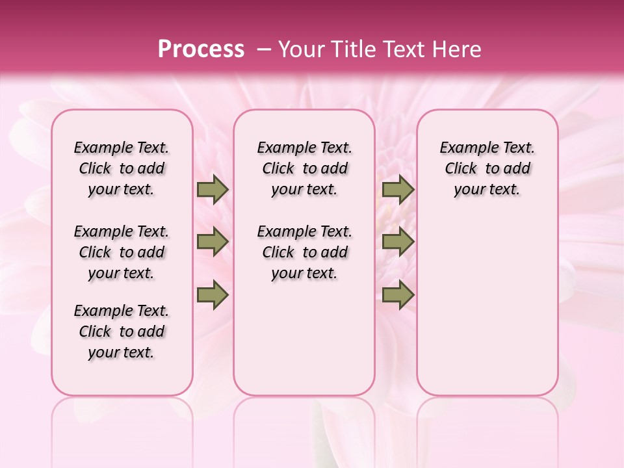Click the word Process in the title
pyautogui.click(x=201, y=49)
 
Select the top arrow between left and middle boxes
pyautogui.click(x=213, y=190)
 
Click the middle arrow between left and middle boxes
pyautogui.click(x=213, y=242)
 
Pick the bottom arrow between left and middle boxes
pyautogui.click(x=213, y=295)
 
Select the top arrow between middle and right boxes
pyautogui.click(x=398, y=190)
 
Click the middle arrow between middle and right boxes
pyautogui.click(x=398, y=242)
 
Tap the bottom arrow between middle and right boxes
pyautogui.click(x=398, y=295)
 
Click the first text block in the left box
pyautogui.click(x=122, y=168)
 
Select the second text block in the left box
pyautogui.click(x=122, y=252)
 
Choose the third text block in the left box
pyautogui.click(x=122, y=331)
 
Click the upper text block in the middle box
pyautogui.click(x=304, y=168)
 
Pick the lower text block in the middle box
pyautogui.click(x=304, y=252)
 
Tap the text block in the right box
pyautogui.click(x=487, y=168)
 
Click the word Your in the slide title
pyautogui.click(x=302, y=49)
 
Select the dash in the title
pyautogui.click(x=264, y=49)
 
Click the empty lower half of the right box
pyautogui.click(x=487, y=312)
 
